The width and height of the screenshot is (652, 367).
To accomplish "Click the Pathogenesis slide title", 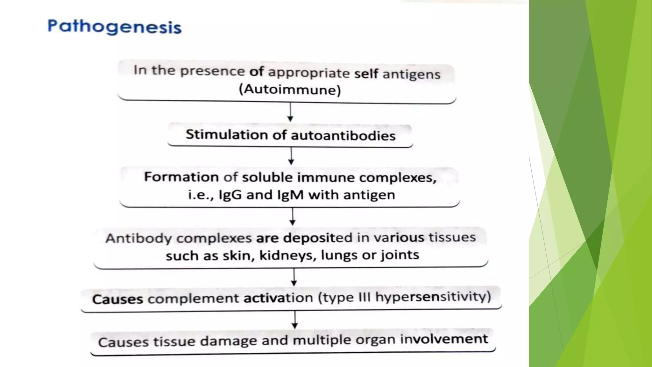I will (114, 27).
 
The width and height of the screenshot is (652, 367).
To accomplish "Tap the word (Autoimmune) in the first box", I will (290, 90).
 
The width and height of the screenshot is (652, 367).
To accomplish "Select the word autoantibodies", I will (343, 136).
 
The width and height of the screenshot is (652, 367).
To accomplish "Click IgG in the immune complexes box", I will (230, 195).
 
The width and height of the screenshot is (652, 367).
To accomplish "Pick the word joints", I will (400, 255).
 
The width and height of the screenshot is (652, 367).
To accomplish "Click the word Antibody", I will (138, 238).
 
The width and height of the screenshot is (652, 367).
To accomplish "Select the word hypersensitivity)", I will (433, 297).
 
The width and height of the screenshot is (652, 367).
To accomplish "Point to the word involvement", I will (444, 339).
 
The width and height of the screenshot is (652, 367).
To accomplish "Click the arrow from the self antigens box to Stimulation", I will (290, 112).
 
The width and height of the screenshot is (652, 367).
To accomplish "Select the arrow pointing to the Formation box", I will (291, 156).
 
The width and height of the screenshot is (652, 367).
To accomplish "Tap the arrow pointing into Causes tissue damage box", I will (295, 320).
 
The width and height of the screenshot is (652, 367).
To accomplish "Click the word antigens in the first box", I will (411, 74).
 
